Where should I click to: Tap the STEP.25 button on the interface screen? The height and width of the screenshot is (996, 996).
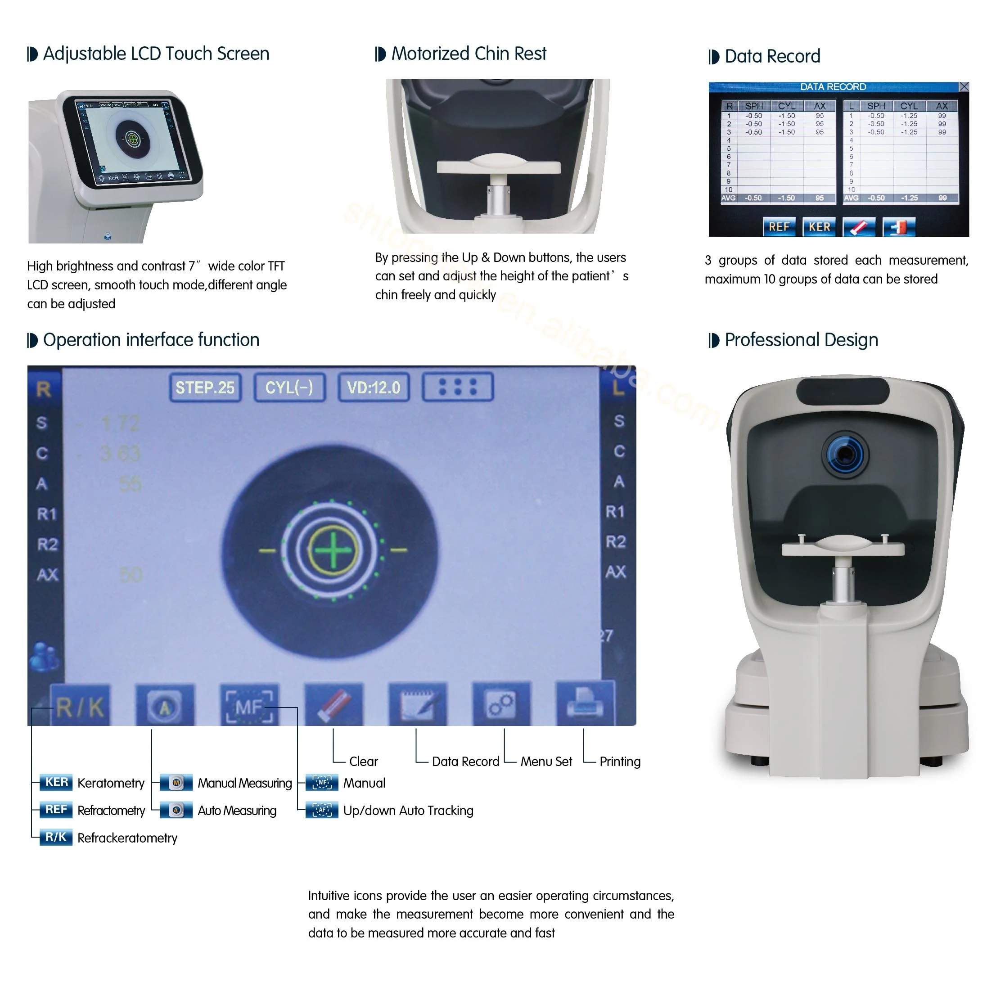(205, 387)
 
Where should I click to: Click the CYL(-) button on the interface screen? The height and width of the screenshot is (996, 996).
(289, 387)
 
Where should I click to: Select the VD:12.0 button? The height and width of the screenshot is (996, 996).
(373, 387)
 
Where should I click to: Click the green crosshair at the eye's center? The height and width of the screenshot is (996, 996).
(333, 550)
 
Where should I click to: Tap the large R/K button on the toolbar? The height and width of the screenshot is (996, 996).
(81, 707)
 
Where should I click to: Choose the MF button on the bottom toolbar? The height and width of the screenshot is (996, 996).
(249, 707)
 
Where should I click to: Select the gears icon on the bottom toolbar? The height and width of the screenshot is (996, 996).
(501, 704)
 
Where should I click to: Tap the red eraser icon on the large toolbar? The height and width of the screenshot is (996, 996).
(334, 705)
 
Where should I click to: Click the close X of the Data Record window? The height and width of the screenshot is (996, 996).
(964, 86)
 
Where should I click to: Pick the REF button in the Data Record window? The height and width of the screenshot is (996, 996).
(779, 227)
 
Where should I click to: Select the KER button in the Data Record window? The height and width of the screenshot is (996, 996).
(819, 227)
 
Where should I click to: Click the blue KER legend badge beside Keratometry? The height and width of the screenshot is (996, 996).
(56, 782)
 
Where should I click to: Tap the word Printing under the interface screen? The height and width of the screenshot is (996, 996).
(620, 762)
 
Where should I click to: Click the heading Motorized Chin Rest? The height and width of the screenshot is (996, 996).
(468, 54)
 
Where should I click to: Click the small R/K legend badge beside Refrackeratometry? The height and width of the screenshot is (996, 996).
(56, 837)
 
